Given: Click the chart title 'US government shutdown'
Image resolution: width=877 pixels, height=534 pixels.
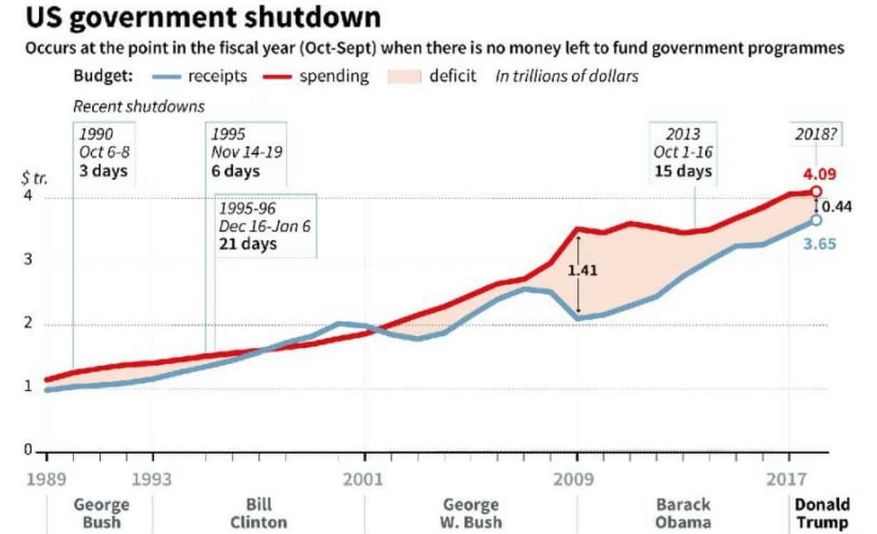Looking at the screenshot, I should tap(202, 17).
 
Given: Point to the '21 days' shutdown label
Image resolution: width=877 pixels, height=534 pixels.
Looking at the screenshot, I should tap(247, 244).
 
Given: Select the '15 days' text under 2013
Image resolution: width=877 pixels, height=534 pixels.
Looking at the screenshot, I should tap(683, 172).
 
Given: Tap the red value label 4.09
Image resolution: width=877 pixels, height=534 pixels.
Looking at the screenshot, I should tap(819, 174).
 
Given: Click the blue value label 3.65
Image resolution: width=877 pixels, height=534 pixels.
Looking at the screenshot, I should tap(819, 244).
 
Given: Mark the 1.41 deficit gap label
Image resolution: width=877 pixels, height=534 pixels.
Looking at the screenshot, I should tap(583, 271).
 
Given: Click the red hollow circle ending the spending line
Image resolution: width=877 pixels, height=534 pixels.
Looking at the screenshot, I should tap(816, 192).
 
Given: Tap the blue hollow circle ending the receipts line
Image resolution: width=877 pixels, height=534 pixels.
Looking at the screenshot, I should tap(816, 220).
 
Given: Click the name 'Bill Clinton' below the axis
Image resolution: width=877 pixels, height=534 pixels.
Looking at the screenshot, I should tap(259, 513).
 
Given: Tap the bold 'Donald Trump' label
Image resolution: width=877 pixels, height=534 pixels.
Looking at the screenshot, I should tap(823, 513).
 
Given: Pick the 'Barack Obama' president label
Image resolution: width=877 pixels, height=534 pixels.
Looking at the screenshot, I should tap(683, 513).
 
